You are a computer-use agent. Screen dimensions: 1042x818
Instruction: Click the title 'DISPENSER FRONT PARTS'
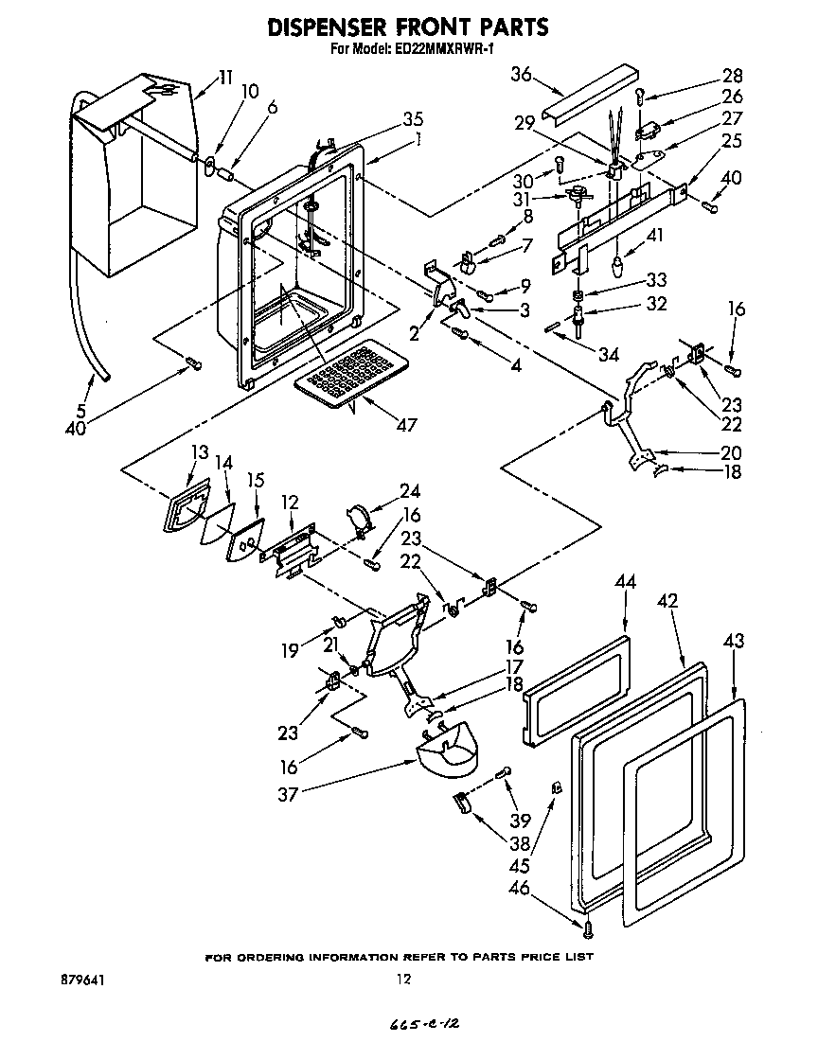pos(408,27)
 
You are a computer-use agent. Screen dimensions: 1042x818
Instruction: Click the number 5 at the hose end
pos(80,413)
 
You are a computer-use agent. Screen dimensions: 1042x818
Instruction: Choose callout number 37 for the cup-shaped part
pos(288,794)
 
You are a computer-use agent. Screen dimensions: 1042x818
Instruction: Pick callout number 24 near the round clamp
pos(409,491)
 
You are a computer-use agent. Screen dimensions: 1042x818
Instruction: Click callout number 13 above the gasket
pos(199,452)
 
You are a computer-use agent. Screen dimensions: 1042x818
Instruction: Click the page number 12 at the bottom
pos(404,980)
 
